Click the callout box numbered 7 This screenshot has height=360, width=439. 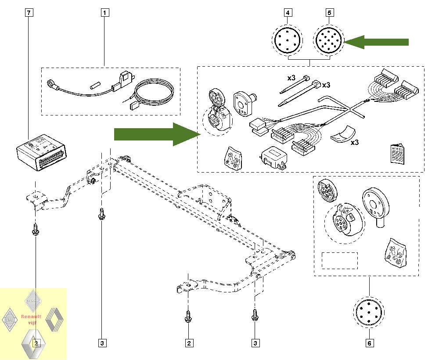coord(29,13)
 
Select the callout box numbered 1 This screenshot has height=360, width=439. coord(104,13)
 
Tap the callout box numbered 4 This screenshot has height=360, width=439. coord(288,13)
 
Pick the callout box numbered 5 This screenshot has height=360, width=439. coord(330,13)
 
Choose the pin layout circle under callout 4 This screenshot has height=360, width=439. coord(288,41)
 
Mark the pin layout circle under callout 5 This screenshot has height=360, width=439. coord(330,41)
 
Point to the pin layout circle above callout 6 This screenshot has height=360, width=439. coord(369,312)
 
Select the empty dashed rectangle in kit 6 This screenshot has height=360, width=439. coord(340,260)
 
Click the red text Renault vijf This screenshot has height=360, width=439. coord(31,319)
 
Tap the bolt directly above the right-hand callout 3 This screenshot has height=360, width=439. coord(254,315)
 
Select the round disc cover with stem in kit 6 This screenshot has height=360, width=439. coord(376,205)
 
